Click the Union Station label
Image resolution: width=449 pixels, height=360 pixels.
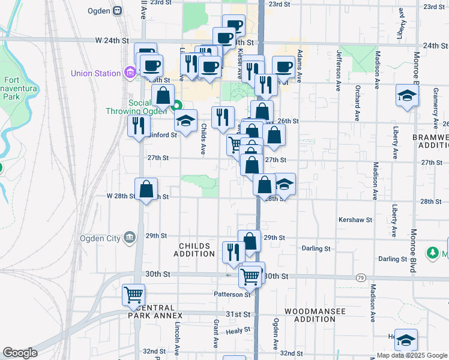pos(95,74)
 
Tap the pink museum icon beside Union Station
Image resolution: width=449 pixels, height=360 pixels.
pos(130,74)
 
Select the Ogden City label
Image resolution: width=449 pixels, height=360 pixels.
pos(100,237)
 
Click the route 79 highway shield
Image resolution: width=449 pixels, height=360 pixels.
pos(360,277)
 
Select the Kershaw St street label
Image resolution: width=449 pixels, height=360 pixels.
pos(355,220)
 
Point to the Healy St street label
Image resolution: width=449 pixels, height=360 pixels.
pos(238,330)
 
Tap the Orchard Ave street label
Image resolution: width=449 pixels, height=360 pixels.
pos(357,99)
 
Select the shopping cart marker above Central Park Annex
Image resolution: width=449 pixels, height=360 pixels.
pos(134,295)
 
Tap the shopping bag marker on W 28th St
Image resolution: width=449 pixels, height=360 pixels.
pos(146,189)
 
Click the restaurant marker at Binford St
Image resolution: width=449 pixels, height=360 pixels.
pos(139,125)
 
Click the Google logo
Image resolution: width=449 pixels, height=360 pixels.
pos(20,353)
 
